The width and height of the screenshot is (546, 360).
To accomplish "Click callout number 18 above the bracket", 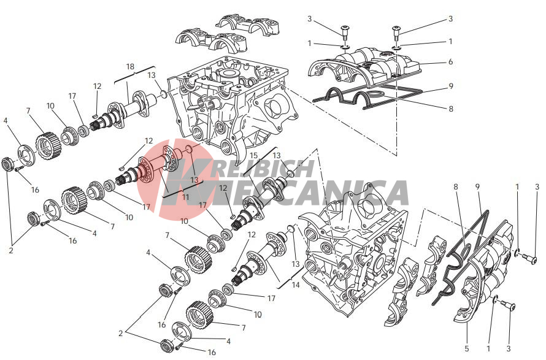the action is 130,66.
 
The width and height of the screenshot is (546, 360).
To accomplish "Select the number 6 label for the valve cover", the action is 450,62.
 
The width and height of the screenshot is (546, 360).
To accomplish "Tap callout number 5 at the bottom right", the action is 467,348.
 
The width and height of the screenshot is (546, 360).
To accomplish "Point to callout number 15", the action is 254,155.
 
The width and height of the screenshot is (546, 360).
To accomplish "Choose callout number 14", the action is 296,285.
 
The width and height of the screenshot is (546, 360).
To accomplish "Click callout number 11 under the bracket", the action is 186,197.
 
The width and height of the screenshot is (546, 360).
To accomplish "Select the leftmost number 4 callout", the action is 6,121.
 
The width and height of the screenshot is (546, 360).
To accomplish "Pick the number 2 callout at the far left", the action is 11,250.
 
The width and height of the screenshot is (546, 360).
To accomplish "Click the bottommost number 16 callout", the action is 212,353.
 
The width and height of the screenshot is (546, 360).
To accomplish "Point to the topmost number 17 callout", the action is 72,96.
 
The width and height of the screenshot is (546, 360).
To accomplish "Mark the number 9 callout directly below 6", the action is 450,86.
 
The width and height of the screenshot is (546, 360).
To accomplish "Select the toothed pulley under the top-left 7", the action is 46,146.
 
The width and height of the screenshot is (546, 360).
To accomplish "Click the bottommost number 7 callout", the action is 244,327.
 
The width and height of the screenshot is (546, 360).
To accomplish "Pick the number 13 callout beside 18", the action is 152,75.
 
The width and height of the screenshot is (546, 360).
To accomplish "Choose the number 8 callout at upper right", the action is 450,109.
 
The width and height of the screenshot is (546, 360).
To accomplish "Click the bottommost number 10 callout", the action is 257,315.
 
